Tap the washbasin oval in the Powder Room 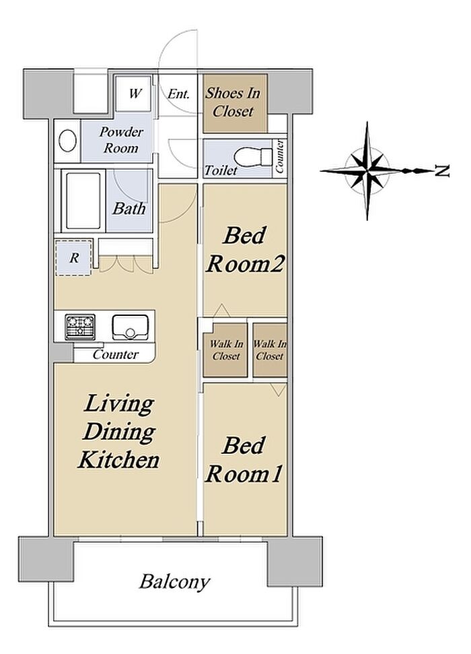(67, 141)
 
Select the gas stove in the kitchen (79, 327)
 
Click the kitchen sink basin (130, 327)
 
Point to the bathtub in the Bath (83, 201)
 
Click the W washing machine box (133, 93)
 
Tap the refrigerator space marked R (73, 258)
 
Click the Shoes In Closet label (233, 102)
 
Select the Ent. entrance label (178, 94)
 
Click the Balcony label (174, 581)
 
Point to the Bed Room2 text (245, 249)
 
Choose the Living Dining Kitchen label (119, 432)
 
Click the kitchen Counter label (116, 354)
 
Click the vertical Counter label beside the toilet (280, 156)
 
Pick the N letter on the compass (442, 170)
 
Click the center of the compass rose (367, 170)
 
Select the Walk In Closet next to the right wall (270, 350)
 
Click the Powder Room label (121, 139)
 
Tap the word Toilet (221, 170)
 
